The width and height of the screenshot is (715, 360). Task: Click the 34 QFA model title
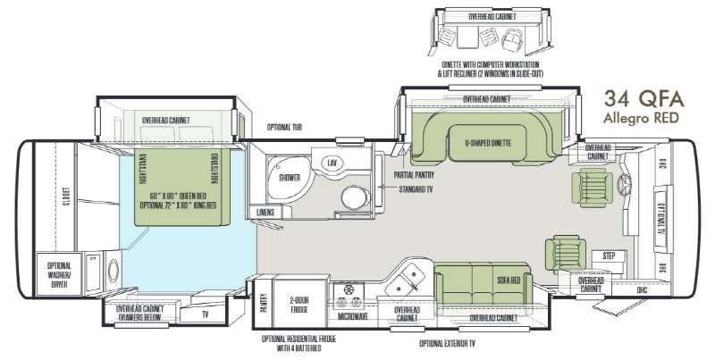[x=641, y=99]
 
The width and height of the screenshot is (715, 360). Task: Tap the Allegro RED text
[x=641, y=118]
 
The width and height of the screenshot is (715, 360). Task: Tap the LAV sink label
[x=332, y=163]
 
